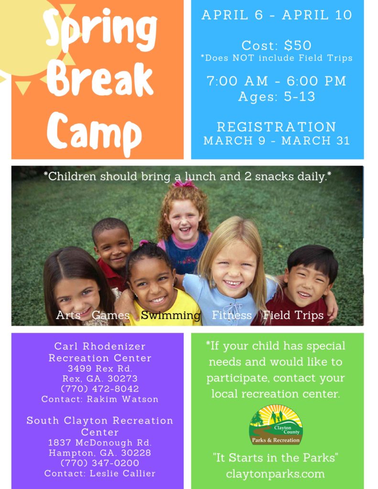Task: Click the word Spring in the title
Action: (x=100, y=30)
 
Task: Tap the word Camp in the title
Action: (x=94, y=133)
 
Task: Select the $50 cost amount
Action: (x=298, y=45)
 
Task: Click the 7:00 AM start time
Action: (x=237, y=81)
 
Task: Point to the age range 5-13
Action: (x=300, y=96)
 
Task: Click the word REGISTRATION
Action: (x=277, y=127)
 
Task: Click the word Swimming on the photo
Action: (x=171, y=315)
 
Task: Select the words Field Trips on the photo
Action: (x=293, y=315)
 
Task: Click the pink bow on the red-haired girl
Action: (x=184, y=184)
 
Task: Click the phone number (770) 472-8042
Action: (x=100, y=389)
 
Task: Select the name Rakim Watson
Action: (x=123, y=399)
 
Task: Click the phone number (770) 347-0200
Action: (x=100, y=463)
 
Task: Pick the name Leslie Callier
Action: (x=123, y=473)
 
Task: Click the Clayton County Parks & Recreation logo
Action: (x=276, y=425)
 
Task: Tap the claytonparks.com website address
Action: (x=275, y=474)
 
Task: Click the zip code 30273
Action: (x=122, y=379)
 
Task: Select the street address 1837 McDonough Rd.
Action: (x=100, y=443)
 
